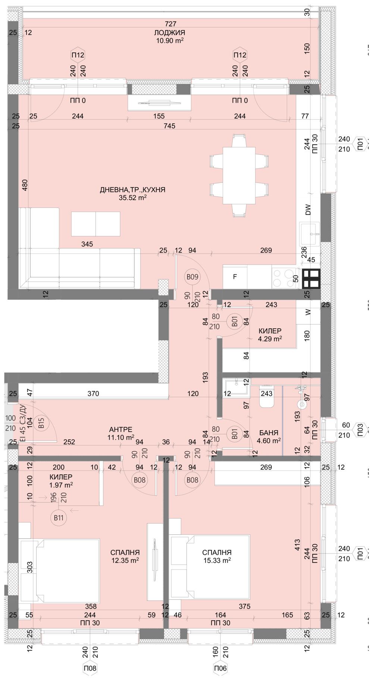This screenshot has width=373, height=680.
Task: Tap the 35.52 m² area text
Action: point(132,198)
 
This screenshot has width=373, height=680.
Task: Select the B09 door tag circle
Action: point(192,277)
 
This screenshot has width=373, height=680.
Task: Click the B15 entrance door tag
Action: point(41,423)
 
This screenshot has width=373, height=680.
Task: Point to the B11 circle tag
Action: point(58,518)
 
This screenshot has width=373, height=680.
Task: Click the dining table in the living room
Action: point(239,175)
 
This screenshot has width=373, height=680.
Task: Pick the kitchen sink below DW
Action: point(310,234)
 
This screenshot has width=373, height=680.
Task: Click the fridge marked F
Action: point(235,277)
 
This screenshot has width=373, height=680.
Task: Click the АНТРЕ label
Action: point(120,430)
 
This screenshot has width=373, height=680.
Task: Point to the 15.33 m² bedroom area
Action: point(217,560)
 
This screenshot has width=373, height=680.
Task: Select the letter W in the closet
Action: point(308,313)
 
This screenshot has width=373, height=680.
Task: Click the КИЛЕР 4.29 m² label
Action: point(270,335)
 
